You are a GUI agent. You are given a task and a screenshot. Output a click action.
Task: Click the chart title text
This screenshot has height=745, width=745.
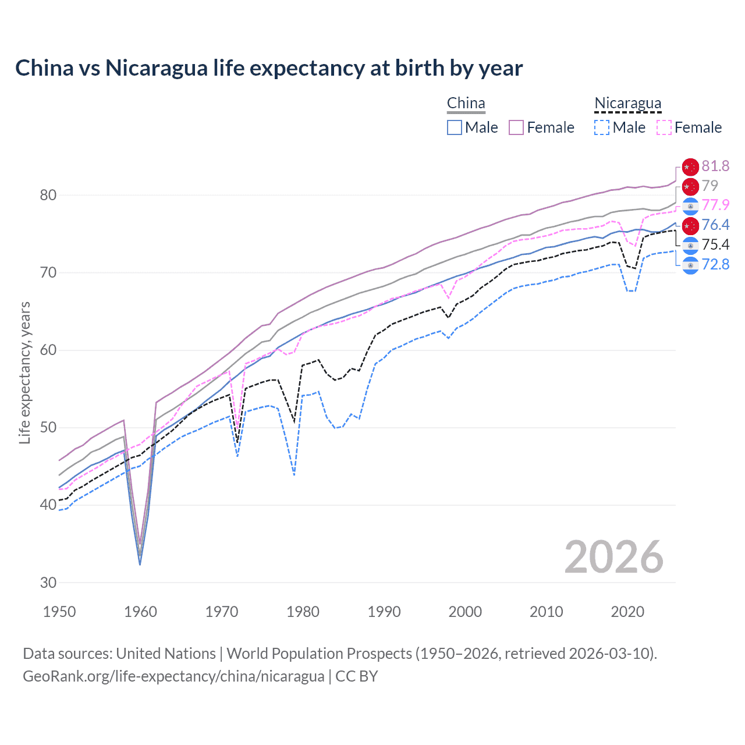pyautogui.click(x=269, y=68)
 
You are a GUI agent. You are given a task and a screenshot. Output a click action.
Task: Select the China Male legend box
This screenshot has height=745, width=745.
pyautogui.click(x=455, y=127)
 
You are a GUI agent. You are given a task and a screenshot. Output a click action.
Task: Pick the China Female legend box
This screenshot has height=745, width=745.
pyautogui.click(x=516, y=127)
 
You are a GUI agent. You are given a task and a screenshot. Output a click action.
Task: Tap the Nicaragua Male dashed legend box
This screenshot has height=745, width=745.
pyautogui.click(x=602, y=127)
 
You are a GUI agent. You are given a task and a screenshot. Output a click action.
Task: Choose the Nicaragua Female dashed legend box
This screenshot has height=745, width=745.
pyautogui.click(x=664, y=127)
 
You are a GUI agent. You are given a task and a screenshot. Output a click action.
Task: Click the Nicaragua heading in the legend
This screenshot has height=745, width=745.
pyautogui.click(x=627, y=104)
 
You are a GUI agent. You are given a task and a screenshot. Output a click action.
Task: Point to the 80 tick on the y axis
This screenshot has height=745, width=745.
pyautogui.click(x=48, y=195)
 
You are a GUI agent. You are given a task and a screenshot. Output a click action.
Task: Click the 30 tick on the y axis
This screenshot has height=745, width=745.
pyautogui.click(x=48, y=583)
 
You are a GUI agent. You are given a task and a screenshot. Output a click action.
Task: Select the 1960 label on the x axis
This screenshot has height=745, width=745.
pyautogui.click(x=140, y=612)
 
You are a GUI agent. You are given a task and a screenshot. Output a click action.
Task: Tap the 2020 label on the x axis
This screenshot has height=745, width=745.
pyautogui.click(x=627, y=612)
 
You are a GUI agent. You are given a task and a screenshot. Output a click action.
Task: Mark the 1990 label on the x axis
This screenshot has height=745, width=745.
pyautogui.click(x=384, y=612)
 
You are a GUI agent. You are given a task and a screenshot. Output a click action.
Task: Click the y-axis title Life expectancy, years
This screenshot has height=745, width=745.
pyautogui.click(x=24, y=372)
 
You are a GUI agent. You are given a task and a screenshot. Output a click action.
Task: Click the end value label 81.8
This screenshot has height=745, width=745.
pyautogui.click(x=715, y=166)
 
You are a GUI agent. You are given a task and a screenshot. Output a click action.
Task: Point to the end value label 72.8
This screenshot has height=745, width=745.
pyautogui.click(x=715, y=265)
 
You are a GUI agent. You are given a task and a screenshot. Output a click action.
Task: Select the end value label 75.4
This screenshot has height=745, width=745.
pyautogui.click(x=715, y=245)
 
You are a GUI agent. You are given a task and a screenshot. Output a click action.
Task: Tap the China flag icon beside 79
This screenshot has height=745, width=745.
pyautogui.click(x=690, y=186)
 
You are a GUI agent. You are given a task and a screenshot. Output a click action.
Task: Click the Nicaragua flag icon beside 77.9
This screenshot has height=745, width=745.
pyautogui.click(x=690, y=205)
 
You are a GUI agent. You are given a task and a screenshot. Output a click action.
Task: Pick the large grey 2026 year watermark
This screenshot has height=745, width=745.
pyautogui.click(x=613, y=557)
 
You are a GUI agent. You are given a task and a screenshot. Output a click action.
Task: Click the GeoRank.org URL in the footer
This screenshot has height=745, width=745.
pyautogui.click(x=173, y=676)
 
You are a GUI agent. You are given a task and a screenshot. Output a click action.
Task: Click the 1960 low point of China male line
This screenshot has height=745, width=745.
pyautogui.click(x=140, y=565)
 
